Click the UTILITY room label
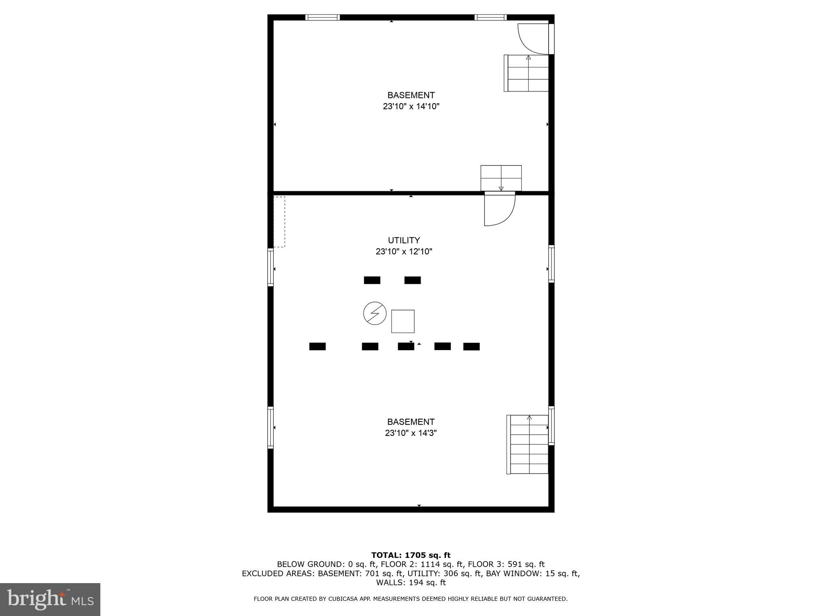[404, 240]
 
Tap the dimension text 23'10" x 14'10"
[411, 107]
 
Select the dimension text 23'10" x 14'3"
[411, 433]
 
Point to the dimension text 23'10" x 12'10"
[404, 252]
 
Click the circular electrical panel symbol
[374, 314]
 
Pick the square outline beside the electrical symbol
[403, 321]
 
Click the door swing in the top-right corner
[533, 38]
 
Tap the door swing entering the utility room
[499, 209]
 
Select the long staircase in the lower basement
[528, 444]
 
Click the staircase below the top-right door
[527, 73]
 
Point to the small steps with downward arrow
[501, 178]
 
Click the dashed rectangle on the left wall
[279, 222]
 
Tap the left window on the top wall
[322, 17]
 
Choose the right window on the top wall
[490, 17]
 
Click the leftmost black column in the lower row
[317, 346]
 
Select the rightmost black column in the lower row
[471, 346]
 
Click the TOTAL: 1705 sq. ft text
[411, 555]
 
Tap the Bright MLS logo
[50, 600]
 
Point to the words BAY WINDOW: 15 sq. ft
[532, 574]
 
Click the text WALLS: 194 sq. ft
[411, 583]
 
